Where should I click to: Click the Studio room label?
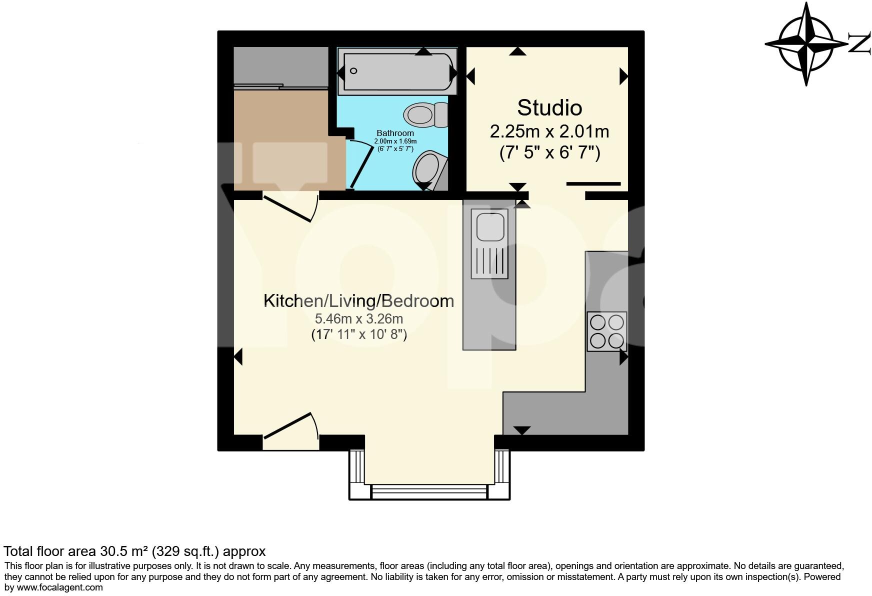point(549,108)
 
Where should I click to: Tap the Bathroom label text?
point(395,133)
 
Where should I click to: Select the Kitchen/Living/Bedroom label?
point(358,301)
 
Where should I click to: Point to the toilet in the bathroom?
point(425,114)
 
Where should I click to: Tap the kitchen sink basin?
point(489,226)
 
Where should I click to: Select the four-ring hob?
point(607,331)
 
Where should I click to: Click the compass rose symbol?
point(805,44)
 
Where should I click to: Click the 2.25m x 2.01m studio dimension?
point(549,132)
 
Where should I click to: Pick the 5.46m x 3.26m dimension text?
point(358,318)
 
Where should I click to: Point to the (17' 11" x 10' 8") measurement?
point(358,334)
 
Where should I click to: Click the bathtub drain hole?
point(353,71)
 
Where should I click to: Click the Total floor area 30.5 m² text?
point(134,551)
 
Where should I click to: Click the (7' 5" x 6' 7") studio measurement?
point(549,152)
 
